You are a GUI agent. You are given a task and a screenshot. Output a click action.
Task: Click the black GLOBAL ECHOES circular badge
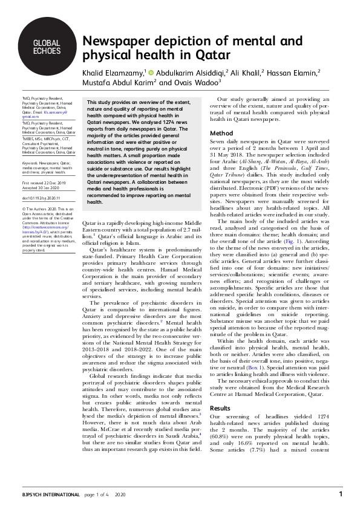coord(47,47)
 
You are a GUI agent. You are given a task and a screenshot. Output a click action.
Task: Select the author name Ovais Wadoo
coord(201,83)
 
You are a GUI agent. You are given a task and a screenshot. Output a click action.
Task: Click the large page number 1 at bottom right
coord(341,494)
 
